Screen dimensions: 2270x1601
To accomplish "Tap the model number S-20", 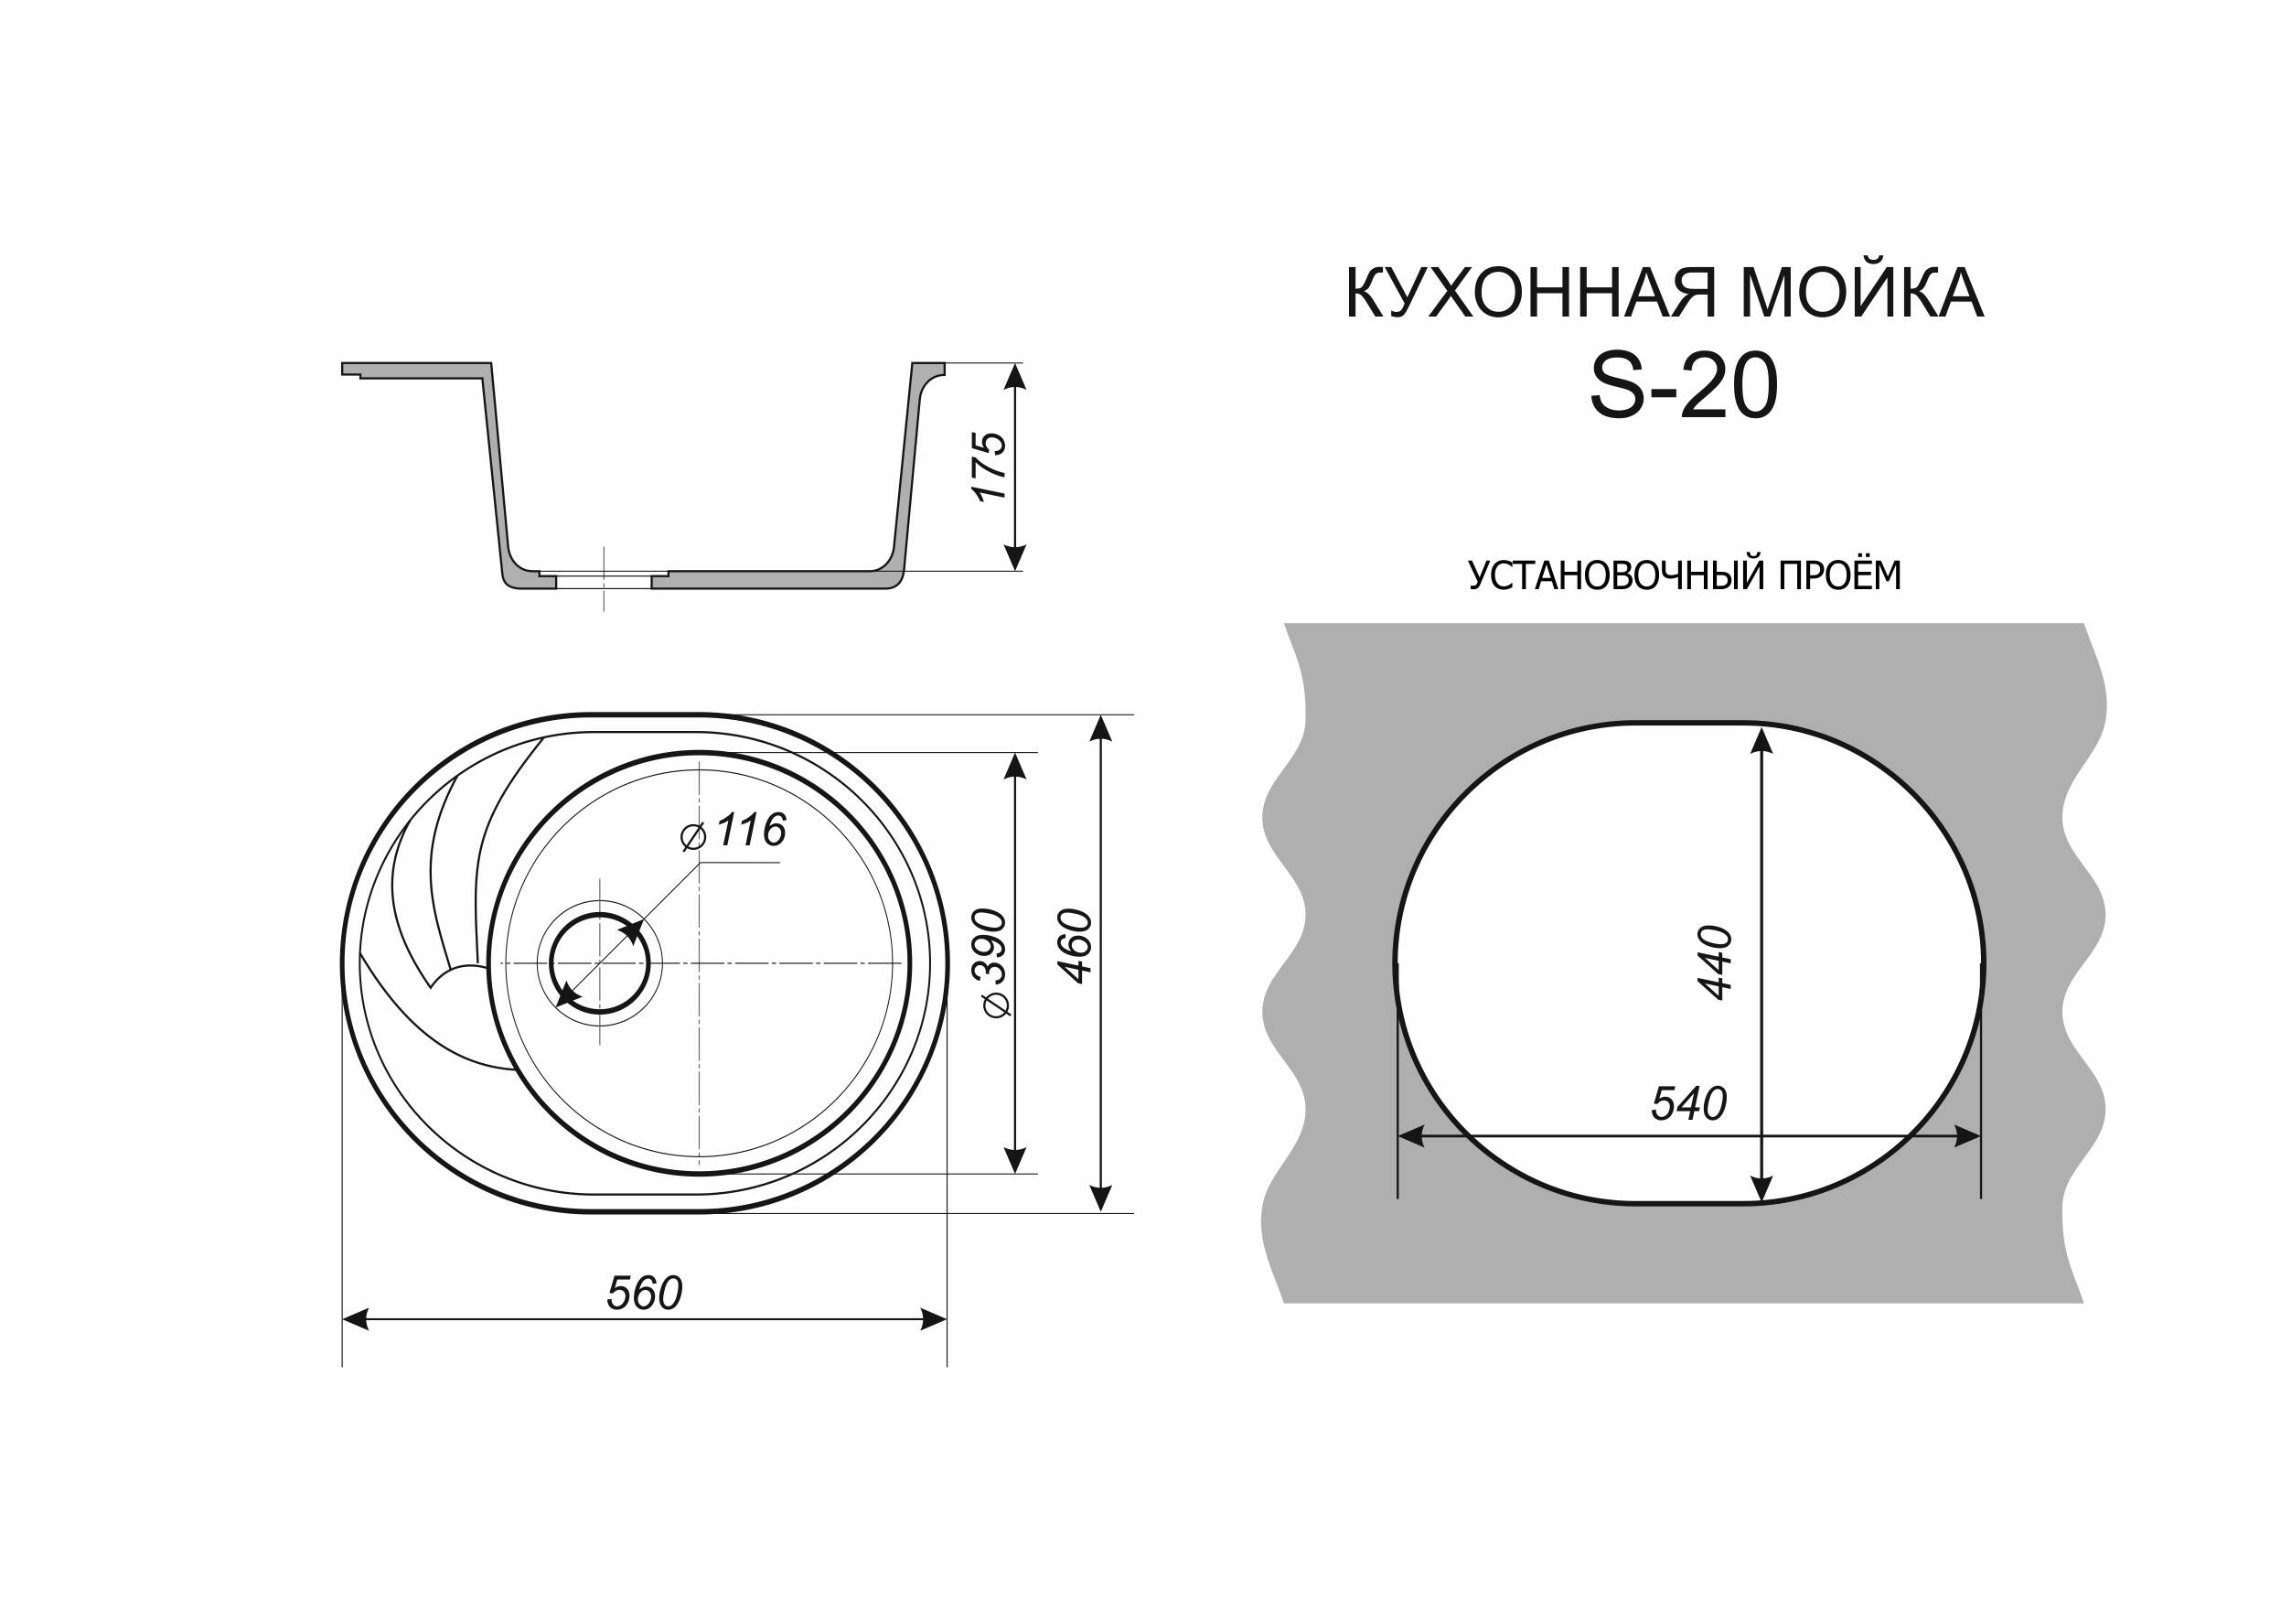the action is pyautogui.click(x=1684, y=387).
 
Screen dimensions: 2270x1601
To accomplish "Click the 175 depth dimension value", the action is pyautogui.click(x=990, y=467).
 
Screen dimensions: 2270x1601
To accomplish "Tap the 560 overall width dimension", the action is pyautogui.click(x=644, y=1294).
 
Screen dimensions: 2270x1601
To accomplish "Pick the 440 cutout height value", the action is pyautogui.click(x=1716, y=962).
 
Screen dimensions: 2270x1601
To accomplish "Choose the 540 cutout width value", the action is pyautogui.click(x=1688, y=1103).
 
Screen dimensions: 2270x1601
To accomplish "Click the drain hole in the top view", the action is pyautogui.click(x=600, y=963).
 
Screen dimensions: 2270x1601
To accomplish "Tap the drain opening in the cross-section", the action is pyautogui.click(x=603, y=579).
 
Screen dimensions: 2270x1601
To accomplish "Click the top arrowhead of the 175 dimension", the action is pyautogui.click(x=1015, y=377).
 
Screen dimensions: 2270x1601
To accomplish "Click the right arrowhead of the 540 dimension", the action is pyautogui.click(x=1966, y=1137).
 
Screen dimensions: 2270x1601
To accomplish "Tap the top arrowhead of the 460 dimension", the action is pyautogui.click(x=1100, y=728).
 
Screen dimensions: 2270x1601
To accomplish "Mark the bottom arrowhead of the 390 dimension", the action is pyautogui.click(x=1015, y=1160).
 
